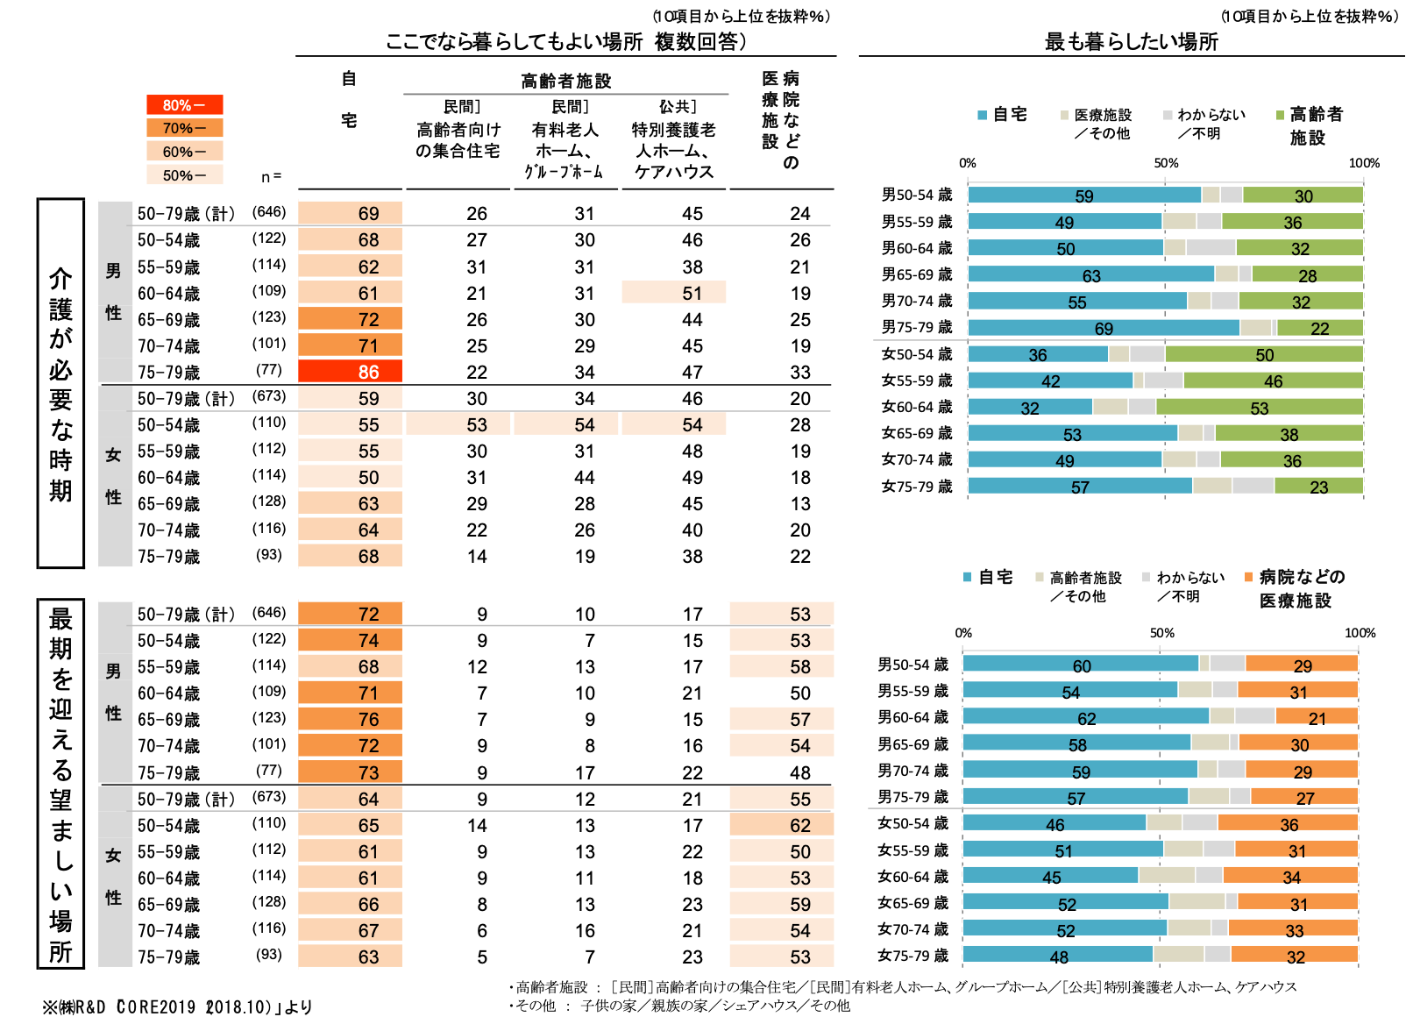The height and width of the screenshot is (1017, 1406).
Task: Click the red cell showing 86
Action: coord(350,372)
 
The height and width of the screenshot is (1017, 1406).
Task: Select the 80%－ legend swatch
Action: coord(184,105)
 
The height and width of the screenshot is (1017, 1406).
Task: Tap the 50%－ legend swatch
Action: coord(184,175)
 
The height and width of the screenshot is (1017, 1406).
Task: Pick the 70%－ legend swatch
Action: coord(184,128)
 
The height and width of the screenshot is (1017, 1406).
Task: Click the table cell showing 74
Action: coord(350,641)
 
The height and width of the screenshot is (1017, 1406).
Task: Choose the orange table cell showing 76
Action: coord(350,720)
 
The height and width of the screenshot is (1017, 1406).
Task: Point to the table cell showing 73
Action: coord(350,772)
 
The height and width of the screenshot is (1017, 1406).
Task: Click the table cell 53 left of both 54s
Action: coord(458,425)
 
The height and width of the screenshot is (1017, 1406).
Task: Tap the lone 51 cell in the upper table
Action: coord(673,293)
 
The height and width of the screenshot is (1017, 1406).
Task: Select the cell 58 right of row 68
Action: coord(781,667)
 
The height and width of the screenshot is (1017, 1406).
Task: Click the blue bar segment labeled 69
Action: coord(1103,328)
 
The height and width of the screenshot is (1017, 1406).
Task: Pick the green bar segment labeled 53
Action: coord(1259,408)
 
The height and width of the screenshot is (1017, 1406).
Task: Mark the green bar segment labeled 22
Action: coord(1319,328)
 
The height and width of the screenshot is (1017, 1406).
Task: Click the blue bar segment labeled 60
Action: coord(1080,664)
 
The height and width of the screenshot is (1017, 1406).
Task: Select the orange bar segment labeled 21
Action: coord(1317,716)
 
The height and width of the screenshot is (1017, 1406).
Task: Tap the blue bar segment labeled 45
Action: coord(1050,875)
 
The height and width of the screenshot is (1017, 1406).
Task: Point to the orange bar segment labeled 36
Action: coord(1288,822)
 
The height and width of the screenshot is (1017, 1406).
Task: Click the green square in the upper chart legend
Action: coord(1280,115)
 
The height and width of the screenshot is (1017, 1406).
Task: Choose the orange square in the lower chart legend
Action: coord(1248,577)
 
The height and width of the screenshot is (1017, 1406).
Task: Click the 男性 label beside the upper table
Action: coord(114,291)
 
